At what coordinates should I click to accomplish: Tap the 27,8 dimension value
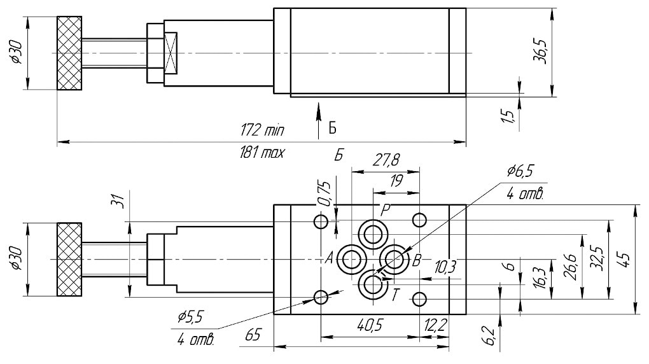click(386, 162)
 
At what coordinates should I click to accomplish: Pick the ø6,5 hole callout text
click(520, 171)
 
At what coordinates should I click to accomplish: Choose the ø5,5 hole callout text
click(190, 316)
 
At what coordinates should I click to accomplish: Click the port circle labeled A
click(351, 259)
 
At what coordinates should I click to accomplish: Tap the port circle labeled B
click(393, 259)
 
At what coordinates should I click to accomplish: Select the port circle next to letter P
click(372, 232)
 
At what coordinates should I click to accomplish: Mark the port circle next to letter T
click(372, 285)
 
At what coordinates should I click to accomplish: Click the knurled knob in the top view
click(69, 53)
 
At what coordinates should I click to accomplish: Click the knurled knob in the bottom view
click(69, 259)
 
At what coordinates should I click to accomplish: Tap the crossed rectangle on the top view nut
click(171, 53)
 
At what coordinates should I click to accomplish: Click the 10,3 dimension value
click(445, 267)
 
